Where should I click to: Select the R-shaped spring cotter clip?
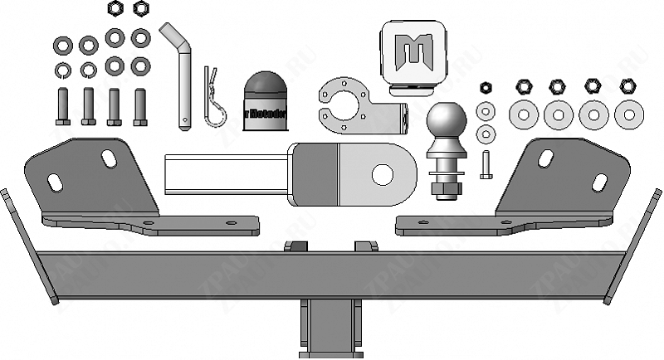point(212,100)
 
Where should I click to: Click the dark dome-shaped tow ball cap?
point(265,100)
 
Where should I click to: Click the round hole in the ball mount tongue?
point(383,174)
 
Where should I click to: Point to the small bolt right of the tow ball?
point(486,166)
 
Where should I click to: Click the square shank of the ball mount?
point(224,175)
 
